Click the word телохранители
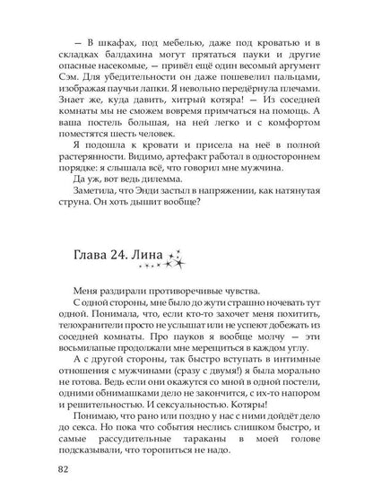click(x=101, y=330)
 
